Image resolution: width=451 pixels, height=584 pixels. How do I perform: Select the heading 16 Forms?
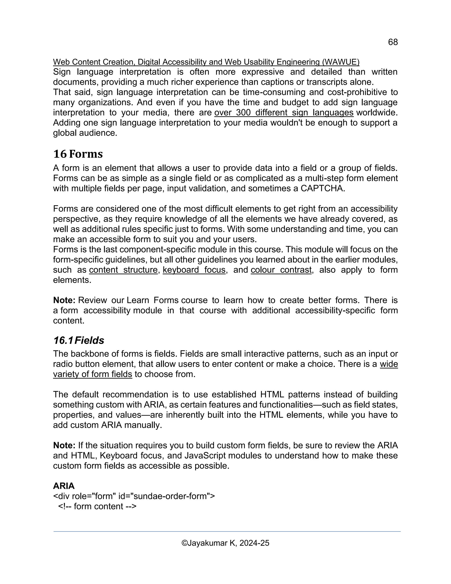78,154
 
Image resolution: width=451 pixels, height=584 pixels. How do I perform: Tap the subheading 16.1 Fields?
79,340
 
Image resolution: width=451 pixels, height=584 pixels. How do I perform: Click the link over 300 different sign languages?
284,113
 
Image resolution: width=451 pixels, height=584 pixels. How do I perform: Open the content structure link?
123,270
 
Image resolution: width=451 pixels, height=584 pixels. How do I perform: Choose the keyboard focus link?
194,270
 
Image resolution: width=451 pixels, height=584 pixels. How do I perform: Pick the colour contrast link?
281,270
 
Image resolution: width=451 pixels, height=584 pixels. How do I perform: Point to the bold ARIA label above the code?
64,486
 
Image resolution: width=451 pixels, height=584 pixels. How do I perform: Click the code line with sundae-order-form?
134,496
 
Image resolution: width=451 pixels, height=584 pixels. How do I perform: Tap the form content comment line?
97,506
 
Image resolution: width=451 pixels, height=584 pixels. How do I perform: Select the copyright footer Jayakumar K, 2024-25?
225,543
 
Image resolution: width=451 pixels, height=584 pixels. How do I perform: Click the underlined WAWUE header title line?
206,62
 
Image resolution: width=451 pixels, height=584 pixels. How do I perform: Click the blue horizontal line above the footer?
227,532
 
